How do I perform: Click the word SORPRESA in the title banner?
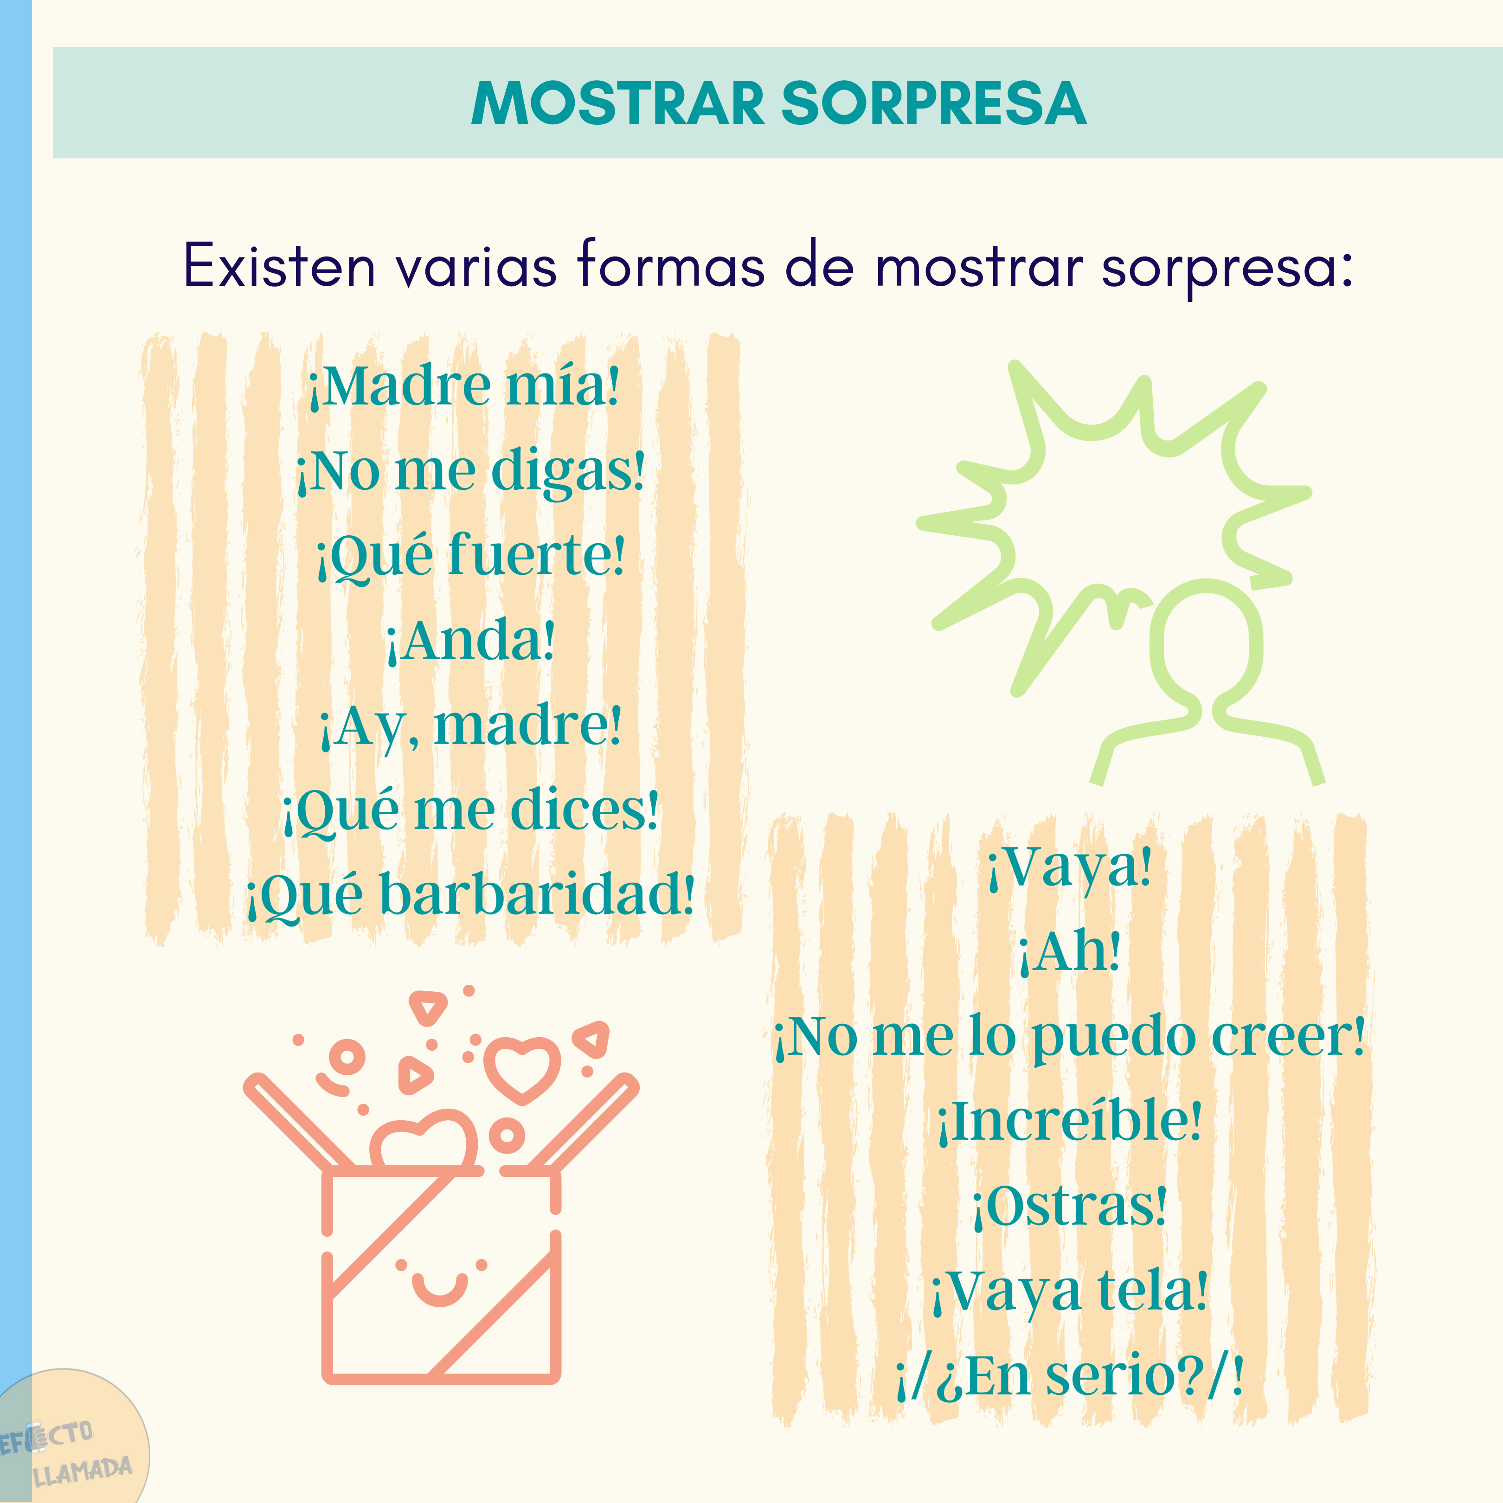coord(933,103)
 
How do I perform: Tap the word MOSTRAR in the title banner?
coord(618,103)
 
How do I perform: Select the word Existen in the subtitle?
coord(279,266)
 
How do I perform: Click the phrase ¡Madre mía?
coord(464,386)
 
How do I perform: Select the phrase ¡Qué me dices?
coord(471,811)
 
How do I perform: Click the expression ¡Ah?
coord(1070,951)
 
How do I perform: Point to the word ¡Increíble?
coord(1070,1121)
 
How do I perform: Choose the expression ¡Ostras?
coord(1070,1207)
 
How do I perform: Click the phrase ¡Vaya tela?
coord(1070,1291)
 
